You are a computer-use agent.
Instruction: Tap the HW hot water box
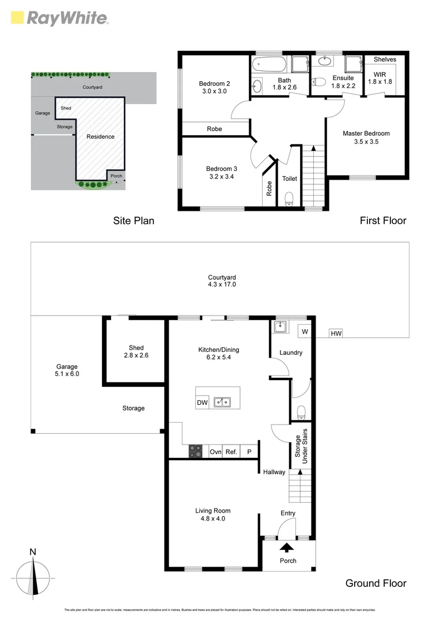tap(335, 333)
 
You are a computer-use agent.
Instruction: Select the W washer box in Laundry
tap(304, 332)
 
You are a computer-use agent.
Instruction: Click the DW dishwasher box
tap(202, 403)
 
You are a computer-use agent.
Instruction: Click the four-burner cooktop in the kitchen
tap(195, 452)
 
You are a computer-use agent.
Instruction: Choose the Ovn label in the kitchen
tap(215, 452)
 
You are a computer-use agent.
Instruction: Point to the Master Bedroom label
tap(366, 134)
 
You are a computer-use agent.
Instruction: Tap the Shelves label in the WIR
tap(385, 59)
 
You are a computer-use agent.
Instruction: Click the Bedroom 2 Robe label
tap(214, 129)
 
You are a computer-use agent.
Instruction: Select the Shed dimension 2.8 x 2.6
tap(136, 355)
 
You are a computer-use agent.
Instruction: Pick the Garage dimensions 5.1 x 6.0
tap(67, 374)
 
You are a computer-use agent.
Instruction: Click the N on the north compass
tap(33, 552)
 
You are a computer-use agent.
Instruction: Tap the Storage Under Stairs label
tap(301, 446)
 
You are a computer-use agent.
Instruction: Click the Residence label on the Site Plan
tap(100, 136)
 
